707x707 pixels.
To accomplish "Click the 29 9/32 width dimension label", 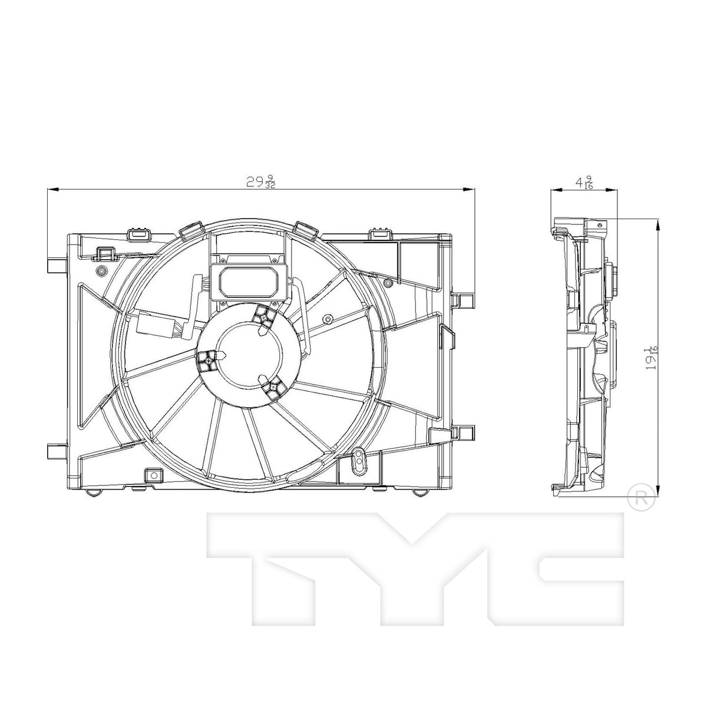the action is (x=261, y=182).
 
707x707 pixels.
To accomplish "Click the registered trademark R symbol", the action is (x=642, y=497).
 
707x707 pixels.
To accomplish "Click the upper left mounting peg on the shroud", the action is (x=57, y=266).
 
